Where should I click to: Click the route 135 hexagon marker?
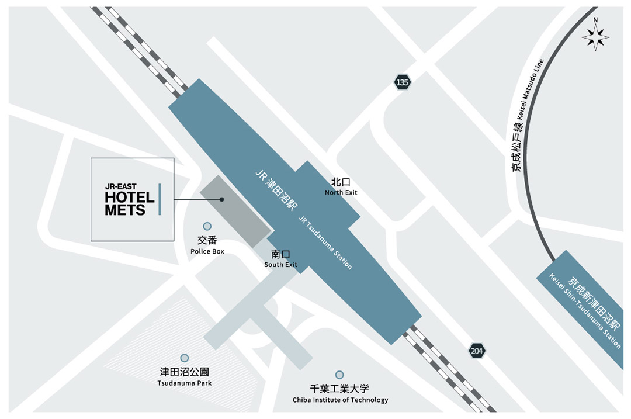[x=402, y=82]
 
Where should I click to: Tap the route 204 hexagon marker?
[x=477, y=351]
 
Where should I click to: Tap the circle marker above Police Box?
[x=207, y=226]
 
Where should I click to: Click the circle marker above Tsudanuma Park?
[x=185, y=358]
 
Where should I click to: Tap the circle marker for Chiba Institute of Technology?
[x=339, y=375]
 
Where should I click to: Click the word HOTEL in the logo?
[x=130, y=198]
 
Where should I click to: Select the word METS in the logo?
[x=125, y=210]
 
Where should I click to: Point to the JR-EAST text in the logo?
[x=120, y=187]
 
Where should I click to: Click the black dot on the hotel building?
[x=222, y=199]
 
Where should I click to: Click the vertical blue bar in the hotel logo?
[x=160, y=199]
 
